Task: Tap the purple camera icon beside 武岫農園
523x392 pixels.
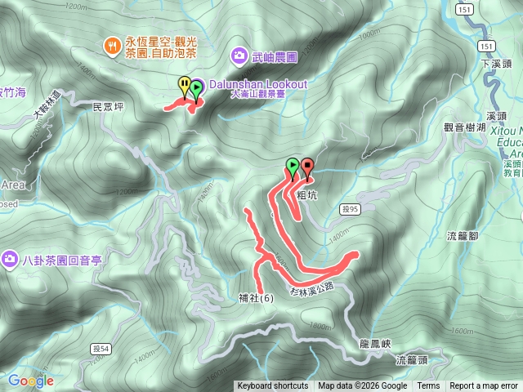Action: pos(239,55)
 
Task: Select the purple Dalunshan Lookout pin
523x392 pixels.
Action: pos(196,86)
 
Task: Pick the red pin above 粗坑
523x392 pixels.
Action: pos(307,167)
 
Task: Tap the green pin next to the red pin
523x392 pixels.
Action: pos(293,167)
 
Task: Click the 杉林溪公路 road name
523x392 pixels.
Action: pos(311,288)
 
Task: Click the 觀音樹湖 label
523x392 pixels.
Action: pos(465,127)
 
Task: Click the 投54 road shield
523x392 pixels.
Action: pos(92,349)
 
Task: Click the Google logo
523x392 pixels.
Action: pos(31,381)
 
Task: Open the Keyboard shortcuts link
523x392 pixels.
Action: pos(272,386)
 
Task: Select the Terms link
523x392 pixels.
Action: pos(428,386)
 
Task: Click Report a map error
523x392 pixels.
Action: pos(484,386)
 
